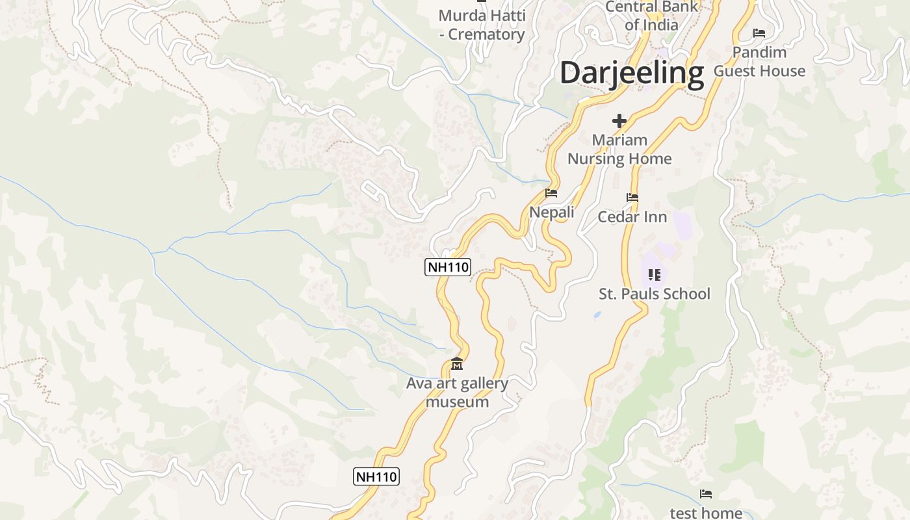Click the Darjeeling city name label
point(632,73)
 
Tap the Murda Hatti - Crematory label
point(482,25)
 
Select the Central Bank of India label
point(651,16)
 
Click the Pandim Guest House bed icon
point(759,33)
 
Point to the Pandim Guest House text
point(759,62)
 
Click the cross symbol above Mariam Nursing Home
point(619,121)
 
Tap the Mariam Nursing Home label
point(619,149)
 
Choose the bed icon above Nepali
point(551,193)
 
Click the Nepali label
point(552,213)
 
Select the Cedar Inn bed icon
point(632,198)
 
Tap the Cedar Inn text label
point(632,217)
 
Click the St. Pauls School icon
point(655,275)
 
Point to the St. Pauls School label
point(655,294)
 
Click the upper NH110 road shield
point(448,266)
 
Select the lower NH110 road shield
point(376,476)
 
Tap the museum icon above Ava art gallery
point(457,364)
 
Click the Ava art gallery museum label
point(457,393)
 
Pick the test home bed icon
point(706,495)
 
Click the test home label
point(706,513)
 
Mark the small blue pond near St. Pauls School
point(597,315)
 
